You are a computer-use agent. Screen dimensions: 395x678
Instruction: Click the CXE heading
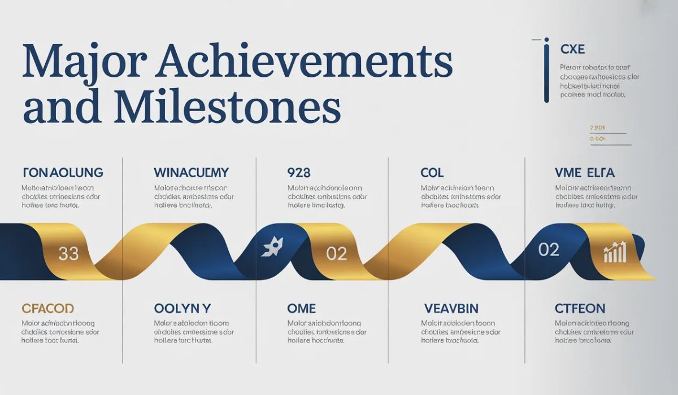click(x=573, y=50)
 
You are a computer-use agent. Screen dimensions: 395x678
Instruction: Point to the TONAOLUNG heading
click(x=63, y=173)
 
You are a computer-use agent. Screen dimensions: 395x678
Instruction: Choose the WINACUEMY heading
click(x=191, y=173)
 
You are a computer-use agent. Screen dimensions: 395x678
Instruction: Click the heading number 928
click(x=299, y=173)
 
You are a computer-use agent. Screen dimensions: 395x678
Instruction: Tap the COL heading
click(x=432, y=173)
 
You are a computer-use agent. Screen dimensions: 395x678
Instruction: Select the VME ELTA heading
click(x=585, y=173)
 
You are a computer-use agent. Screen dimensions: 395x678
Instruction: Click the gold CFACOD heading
click(x=48, y=309)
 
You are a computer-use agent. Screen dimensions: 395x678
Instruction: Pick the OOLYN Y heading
click(x=182, y=309)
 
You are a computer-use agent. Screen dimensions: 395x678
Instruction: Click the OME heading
click(x=301, y=309)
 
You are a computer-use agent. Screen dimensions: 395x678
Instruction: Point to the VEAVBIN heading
click(x=451, y=309)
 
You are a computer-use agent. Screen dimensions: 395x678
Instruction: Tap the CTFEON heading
click(x=580, y=309)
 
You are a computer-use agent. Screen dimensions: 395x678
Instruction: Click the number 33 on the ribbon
click(x=68, y=254)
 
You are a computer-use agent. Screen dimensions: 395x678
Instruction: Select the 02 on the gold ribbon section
click(x=336, y=254)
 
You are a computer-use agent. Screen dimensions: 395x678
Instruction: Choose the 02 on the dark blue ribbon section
click(x=549, y=249)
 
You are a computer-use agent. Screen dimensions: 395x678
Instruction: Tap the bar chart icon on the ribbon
click(x=615, y=252)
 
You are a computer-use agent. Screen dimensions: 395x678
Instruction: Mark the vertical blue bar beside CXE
click(x=546, y=70)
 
